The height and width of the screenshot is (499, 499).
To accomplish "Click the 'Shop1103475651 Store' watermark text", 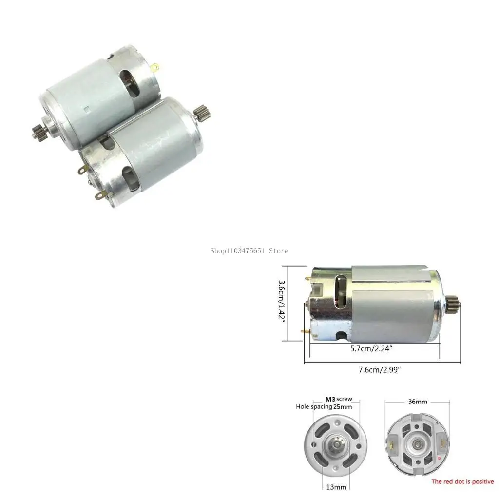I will [249, 251].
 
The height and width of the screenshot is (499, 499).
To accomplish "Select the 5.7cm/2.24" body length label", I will [372, 348].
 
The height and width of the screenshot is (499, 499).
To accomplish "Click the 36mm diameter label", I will [418, 402].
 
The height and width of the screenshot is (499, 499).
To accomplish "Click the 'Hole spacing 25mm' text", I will [324, 406].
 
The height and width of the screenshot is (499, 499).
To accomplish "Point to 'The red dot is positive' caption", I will [462, 481].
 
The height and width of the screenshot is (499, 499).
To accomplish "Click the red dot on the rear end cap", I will [440, 458].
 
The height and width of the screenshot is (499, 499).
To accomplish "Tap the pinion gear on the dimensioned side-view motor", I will [453, 305].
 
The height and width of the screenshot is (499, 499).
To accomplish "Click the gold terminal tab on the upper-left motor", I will [155, 67].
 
